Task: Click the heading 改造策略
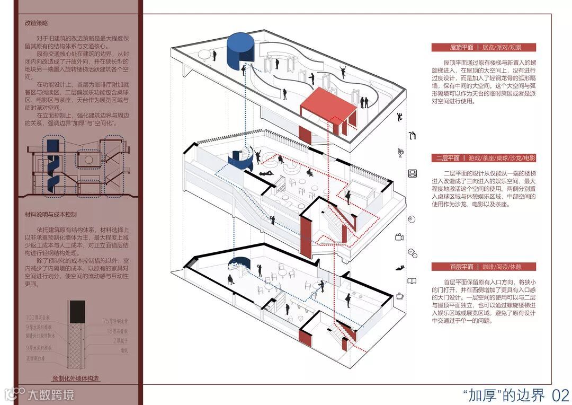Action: click(37, 23)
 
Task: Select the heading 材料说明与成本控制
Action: click(51, 214)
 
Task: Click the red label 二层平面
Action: click(447, 158)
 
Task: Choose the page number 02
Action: click(560, 395)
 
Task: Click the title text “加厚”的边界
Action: click(503, 395)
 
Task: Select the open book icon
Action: click(412, 281)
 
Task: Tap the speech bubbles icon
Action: click(412, 252)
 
